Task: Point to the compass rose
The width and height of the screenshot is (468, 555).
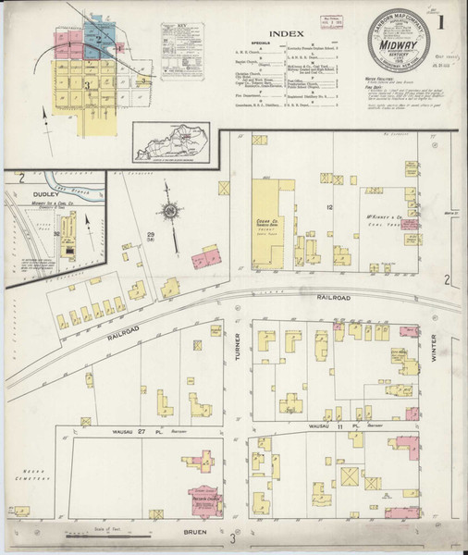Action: point(172,212)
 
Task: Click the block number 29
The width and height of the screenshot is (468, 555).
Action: point(150,237)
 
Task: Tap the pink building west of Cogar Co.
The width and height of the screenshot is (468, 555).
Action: point(207,256)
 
